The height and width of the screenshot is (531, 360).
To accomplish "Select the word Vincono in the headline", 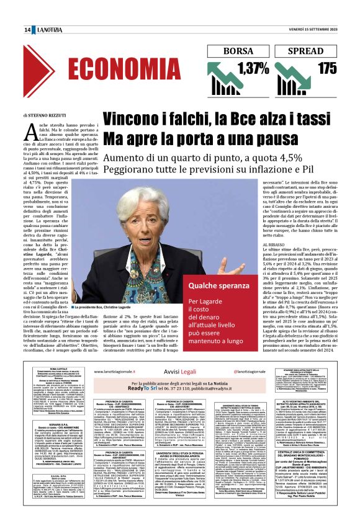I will tap(128, 120).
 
